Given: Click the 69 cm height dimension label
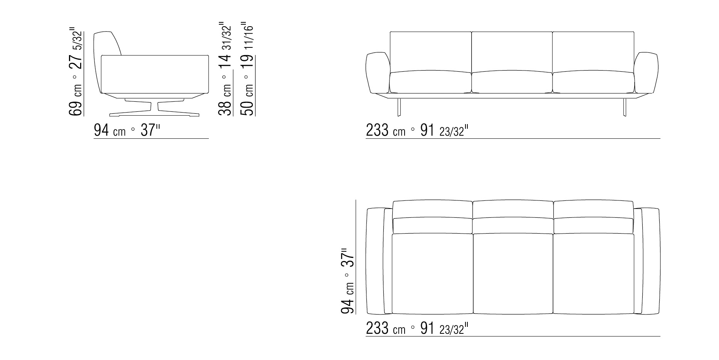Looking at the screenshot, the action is [x=76, y=72].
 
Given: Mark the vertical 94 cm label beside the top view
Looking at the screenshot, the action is [x=348, y=281].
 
